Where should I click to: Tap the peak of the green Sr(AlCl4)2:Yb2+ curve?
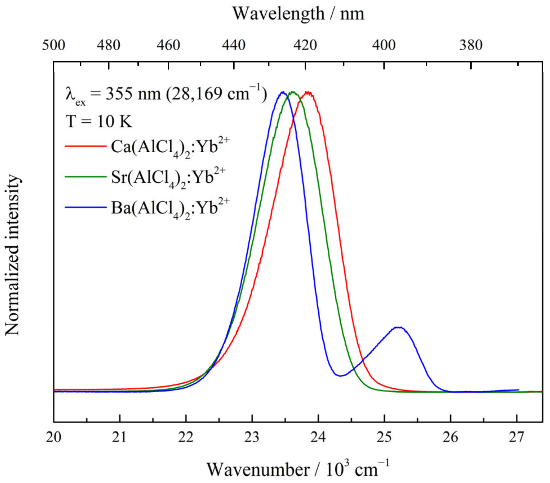click(x=293, y=92)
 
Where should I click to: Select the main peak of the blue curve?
click(x=283, y=92)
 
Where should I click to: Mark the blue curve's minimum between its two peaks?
click(x=341, y=375)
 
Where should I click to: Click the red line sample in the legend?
click(x=85, y=146)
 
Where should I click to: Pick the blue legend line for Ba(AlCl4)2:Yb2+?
click(x=85, y=207)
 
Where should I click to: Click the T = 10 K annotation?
click(x=99, y=122)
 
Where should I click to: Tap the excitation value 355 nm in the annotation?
click(x=133, y=94)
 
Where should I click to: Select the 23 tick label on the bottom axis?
click(x=252, y=437)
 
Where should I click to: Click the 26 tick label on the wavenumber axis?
click(x=450, y=437)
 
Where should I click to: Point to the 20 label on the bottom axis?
click(x=54, y=437)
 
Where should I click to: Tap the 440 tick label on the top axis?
click(x=234, y=45)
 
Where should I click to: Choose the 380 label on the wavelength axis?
click(x=471, y=45)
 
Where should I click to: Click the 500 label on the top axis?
click(x=54, y=45)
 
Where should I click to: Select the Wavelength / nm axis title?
click(x=298, y=14)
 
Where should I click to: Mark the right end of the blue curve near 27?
click(x=518, y=390)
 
